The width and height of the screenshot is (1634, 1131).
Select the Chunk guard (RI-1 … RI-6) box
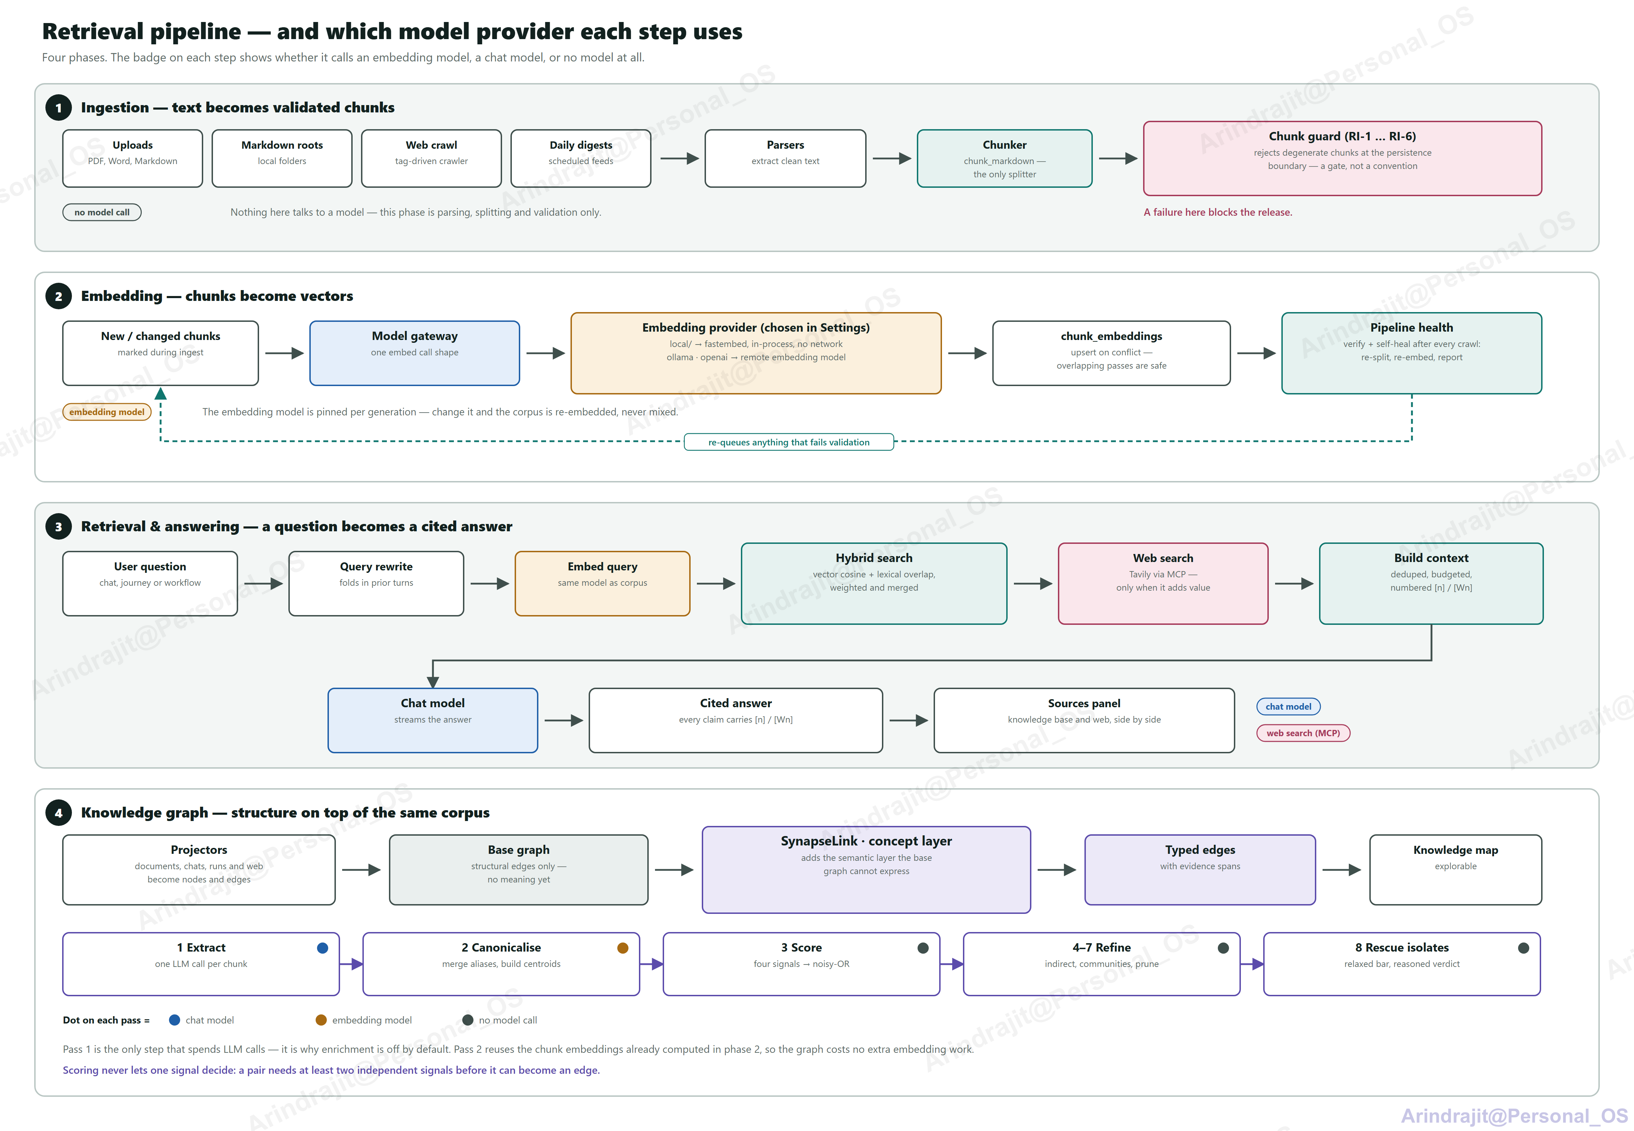point(1342,158)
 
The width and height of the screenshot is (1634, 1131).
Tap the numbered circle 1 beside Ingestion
point(58,108)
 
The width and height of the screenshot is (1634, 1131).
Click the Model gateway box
point(414,353)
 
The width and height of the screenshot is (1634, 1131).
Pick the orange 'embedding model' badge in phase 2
point(107,412)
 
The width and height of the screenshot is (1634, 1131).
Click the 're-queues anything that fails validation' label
point(789,442)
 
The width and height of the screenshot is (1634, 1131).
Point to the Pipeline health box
point(1412,353)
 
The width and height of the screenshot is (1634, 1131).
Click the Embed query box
point(602,583)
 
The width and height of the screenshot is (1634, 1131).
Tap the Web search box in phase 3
point(1163,583)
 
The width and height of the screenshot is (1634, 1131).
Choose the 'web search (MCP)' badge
point(1303,733)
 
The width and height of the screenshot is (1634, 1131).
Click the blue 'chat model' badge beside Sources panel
point(1288,707)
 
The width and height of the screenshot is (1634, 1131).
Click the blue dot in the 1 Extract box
point(322,948)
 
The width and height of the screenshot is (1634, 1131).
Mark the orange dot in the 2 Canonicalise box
point(623,948)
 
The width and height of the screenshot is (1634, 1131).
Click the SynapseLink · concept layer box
point(866,870)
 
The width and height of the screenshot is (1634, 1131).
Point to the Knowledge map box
point(1456,870)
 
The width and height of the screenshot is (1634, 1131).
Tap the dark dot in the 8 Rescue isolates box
point(1523,948)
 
